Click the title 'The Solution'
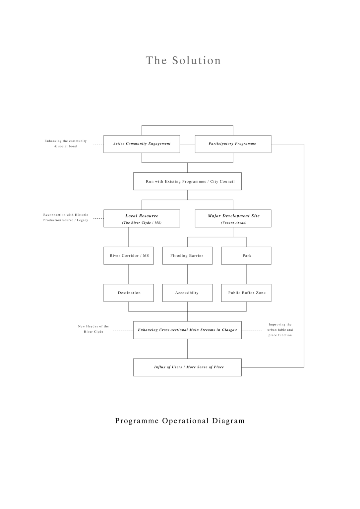[183, 60]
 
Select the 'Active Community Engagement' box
[142, 144]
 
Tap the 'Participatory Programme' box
[233, 144]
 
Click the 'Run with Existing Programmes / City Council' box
[187, 181]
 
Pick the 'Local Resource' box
[142, 219]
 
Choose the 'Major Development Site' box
[233, 219]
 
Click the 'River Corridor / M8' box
[128, 255]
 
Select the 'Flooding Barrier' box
[187, 255]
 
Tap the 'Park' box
[246, 255]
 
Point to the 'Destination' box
[128, 293]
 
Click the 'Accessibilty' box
[187, 293]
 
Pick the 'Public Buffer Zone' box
[246, 293]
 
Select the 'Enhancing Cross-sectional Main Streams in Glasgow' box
[187, 330]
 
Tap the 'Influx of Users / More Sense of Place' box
[187, 367]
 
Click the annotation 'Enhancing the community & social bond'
[65, 143]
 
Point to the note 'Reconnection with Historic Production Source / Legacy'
[66, 217]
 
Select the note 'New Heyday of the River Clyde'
[93, 329]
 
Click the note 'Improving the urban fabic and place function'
[280, 330]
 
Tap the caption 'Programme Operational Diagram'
[180, 421]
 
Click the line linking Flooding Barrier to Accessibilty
[188, 274]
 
